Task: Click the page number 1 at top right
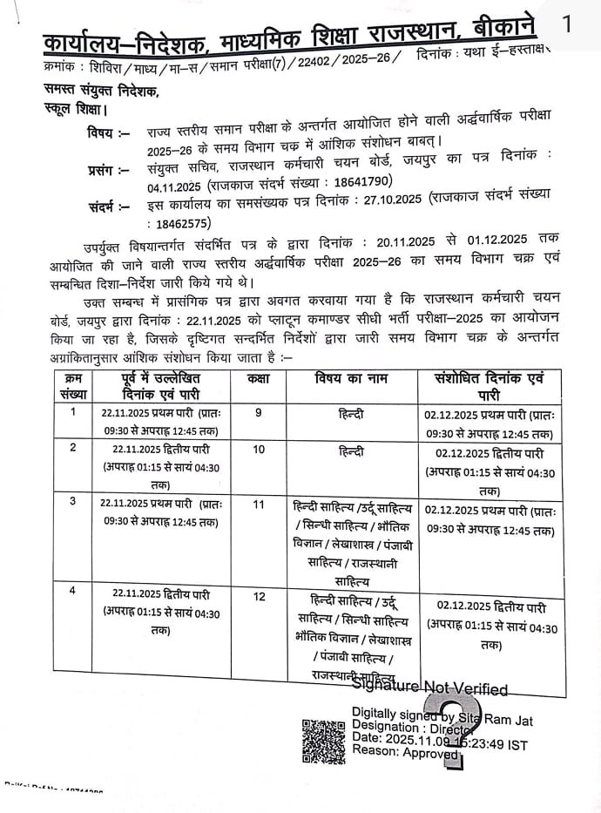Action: pyautogui.click(x=568, y=24)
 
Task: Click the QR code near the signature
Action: pyautogui.click(x=322, y=741)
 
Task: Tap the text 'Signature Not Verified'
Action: pyautogui.click(x=430, y=688)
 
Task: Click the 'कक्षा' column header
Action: pyautogui.click(x=259, y=380)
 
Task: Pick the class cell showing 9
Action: pyautogui.click(x=259, y=413)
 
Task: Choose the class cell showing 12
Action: pyautogui.click(x=259, y=598)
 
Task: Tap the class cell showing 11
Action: pyautogui.click(x=259, y=505)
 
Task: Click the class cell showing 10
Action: pyautogui.click(x=259, y=451)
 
